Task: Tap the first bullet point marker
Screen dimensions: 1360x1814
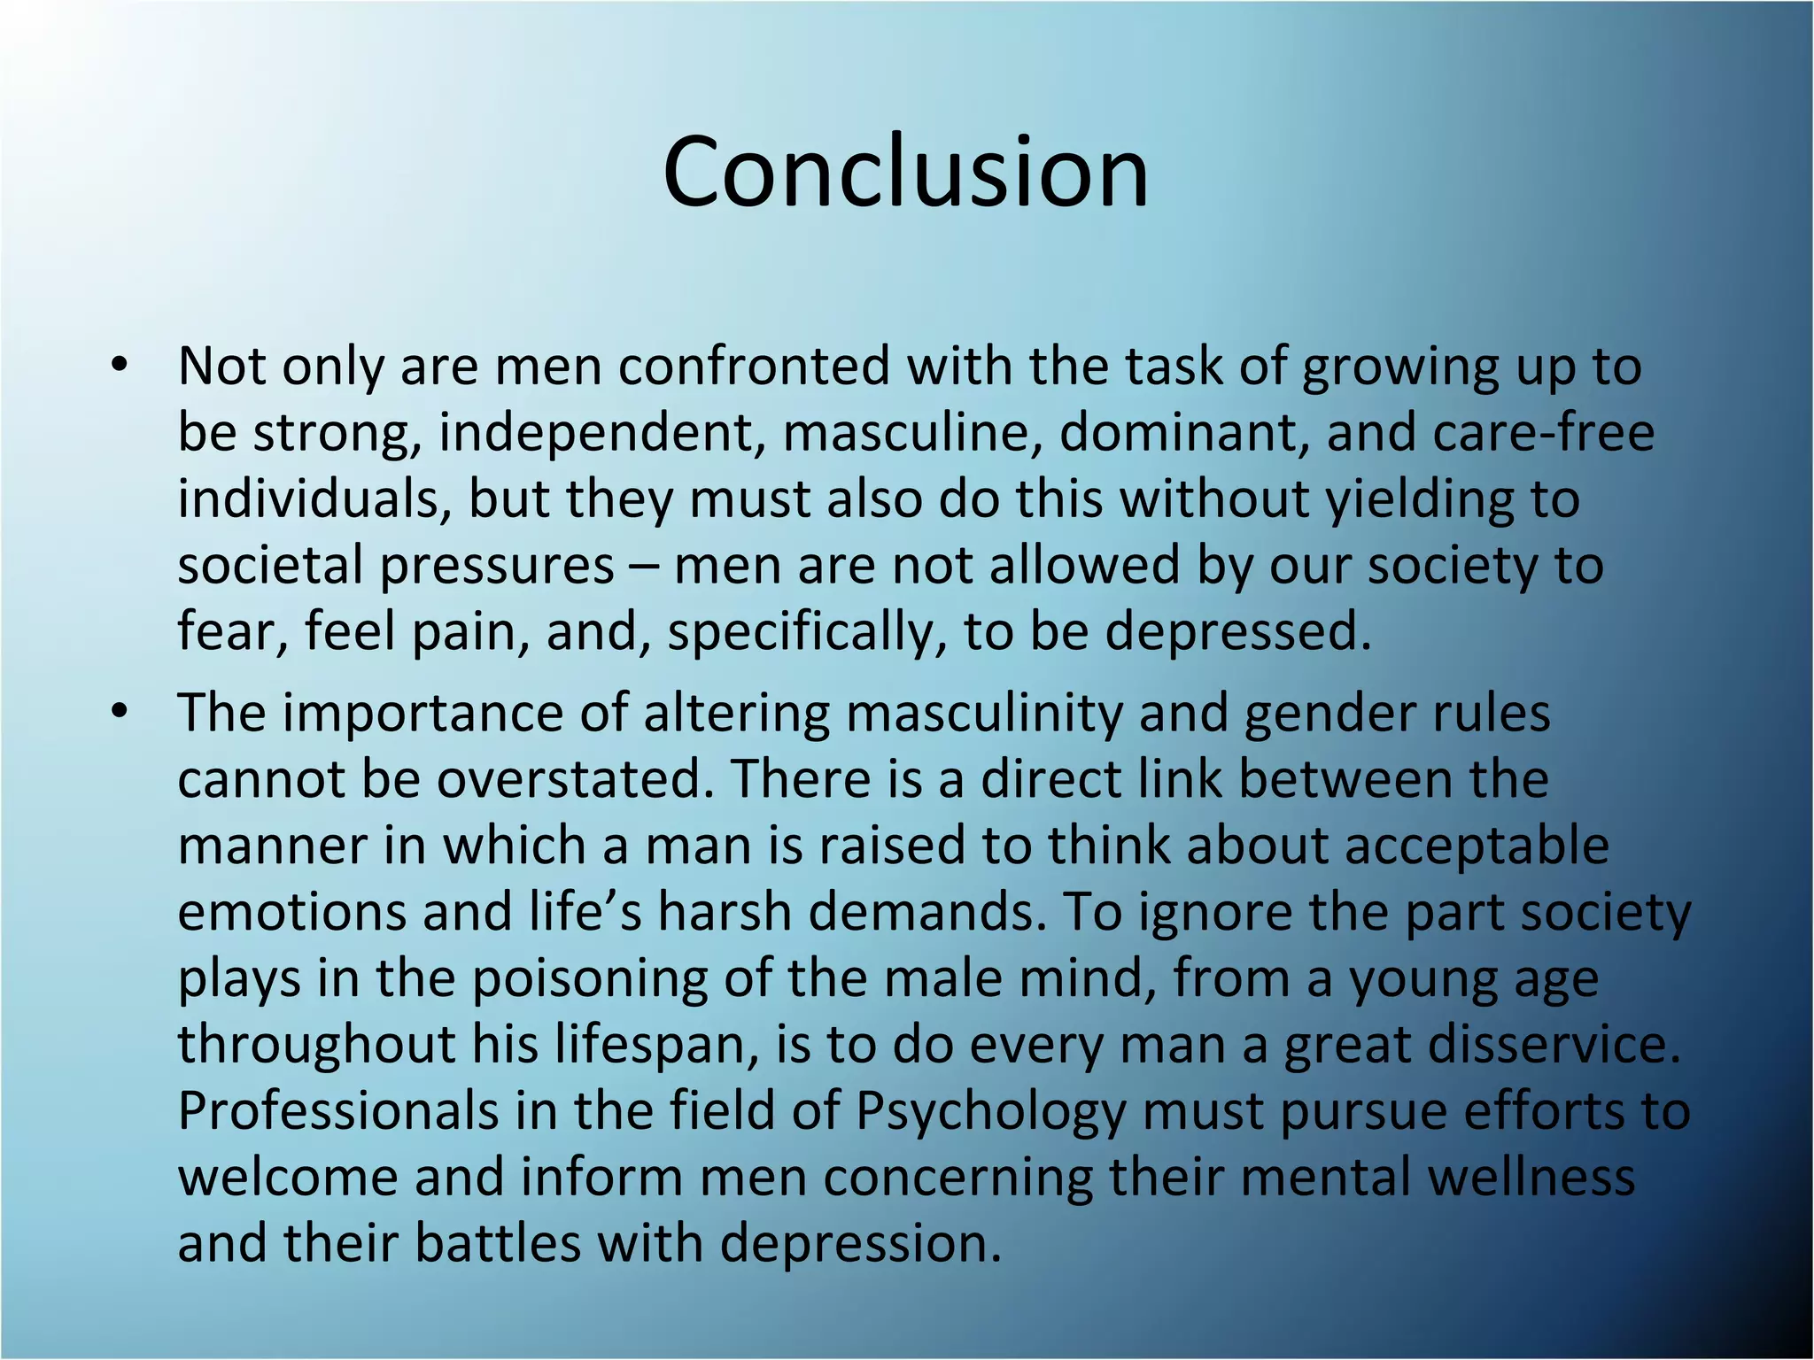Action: [120, 367]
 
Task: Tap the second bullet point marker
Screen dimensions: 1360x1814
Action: [120, 713]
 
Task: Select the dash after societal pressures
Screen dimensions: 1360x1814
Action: [644, 567]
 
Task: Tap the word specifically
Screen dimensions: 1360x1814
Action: [807, 632]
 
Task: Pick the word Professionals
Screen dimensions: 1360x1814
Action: [338, 1111]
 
